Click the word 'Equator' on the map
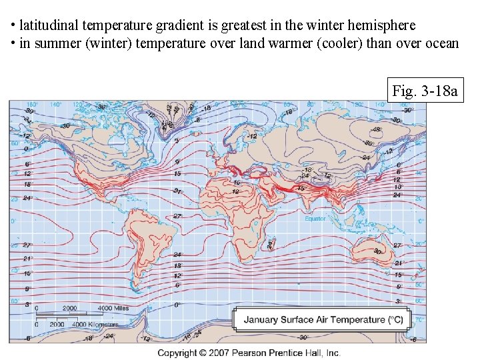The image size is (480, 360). (315, 219)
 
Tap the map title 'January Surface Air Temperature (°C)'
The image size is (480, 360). (323, 320)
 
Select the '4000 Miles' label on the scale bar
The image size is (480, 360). (113, 309)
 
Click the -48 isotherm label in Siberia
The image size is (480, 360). (357, 129)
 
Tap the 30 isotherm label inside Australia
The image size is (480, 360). (378, 251)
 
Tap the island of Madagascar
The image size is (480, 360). (270, 245)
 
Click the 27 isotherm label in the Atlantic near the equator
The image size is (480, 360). (178, 217)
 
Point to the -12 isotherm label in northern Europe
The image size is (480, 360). (252, 136)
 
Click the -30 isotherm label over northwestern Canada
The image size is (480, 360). (66, 125)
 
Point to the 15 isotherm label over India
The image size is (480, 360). (301, 189)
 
